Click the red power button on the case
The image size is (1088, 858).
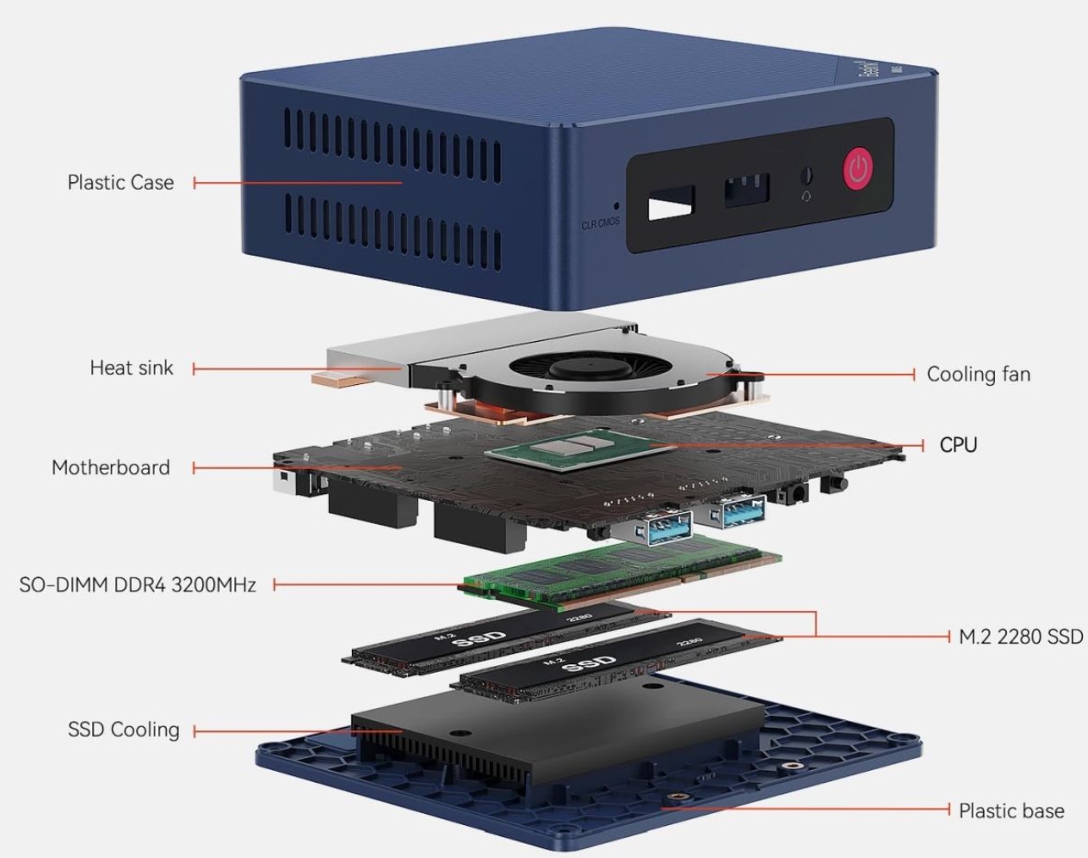pyautogui.click(x=858, y=169)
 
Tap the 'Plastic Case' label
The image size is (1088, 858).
pyautogui.click(x=120, y=182)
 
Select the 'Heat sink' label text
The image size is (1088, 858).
pyautogui.click(x=131, y=368)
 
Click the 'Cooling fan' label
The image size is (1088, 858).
pyautogui.click(x=978, y=374)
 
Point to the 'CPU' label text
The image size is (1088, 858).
pyautogui.click(x=958, y=445)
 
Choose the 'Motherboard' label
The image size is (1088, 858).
pyautogui.click(x=111, y=467)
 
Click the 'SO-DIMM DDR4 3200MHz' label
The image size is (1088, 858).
pyautogui.click(x=137, y=585)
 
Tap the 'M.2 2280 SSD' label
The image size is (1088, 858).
pyautogui.click(x=1020, y=636)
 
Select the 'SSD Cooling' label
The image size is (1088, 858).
pyautogui.click(x=124, y=729)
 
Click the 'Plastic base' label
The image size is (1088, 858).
pyautogui.click(x=1011, y=811)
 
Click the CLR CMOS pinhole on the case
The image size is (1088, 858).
pyautogui.click(x=616, y=205)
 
